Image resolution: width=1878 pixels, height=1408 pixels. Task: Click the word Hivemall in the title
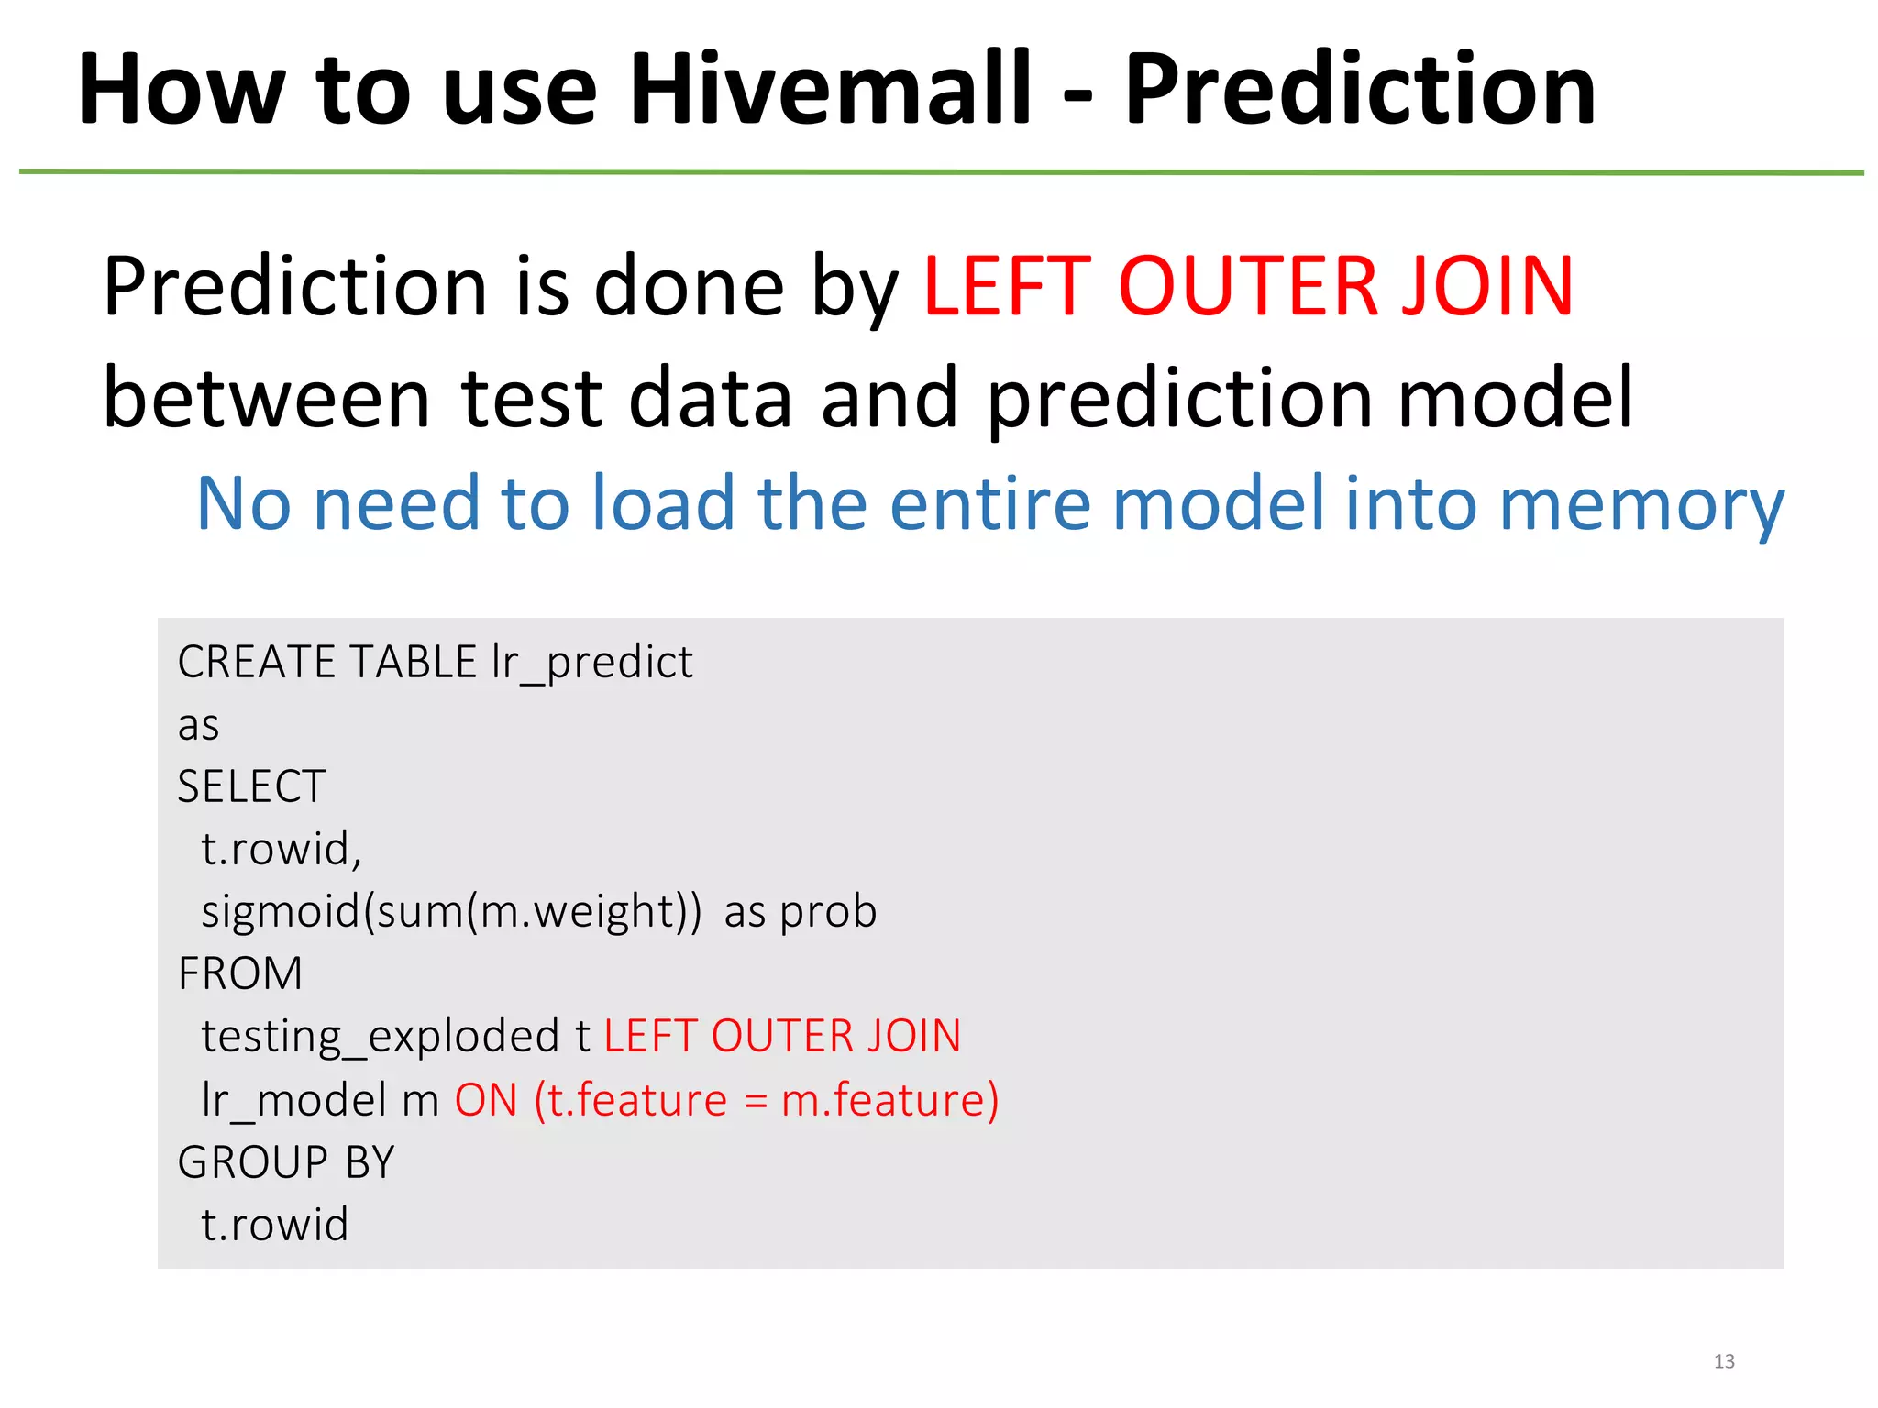tap(830, 89)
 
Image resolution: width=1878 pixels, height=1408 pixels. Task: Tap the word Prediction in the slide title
tap(1360, 89)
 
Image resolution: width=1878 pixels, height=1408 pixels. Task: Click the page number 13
tap(1724, 1361)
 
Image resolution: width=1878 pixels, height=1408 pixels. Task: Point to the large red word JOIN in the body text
tap(1487, 286)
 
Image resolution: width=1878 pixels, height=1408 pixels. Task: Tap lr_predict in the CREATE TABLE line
tap(592, 663)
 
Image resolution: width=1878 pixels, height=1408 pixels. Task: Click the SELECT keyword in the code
tap(251, 786)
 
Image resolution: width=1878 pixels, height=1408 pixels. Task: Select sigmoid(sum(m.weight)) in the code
tap(451, 912)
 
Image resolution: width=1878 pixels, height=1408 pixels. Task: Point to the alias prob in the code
tap(828, 913)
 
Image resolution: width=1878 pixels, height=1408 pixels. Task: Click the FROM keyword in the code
tap(240, 973)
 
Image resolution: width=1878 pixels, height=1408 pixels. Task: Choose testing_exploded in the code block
tap(380, 1037)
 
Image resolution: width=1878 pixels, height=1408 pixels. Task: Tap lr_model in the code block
tap(293, 1100)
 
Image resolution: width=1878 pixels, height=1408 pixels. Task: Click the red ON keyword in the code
tap(487, 1100)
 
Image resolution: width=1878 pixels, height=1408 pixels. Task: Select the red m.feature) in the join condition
tap(889, 1100)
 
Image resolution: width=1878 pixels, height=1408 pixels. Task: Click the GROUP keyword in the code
tap(253, 1162)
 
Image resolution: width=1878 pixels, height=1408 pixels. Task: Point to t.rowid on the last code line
tap(275, 1225)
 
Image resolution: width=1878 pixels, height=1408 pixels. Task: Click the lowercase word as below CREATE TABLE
tap(198, 726)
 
